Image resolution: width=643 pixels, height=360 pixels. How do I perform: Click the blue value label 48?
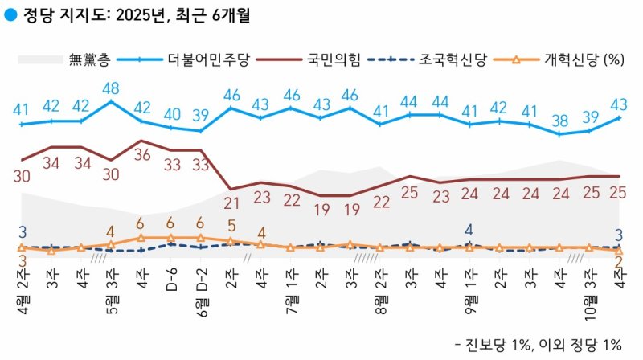111,88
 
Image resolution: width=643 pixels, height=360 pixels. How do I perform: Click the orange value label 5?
231,225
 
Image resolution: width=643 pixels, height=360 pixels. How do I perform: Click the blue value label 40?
171,113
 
